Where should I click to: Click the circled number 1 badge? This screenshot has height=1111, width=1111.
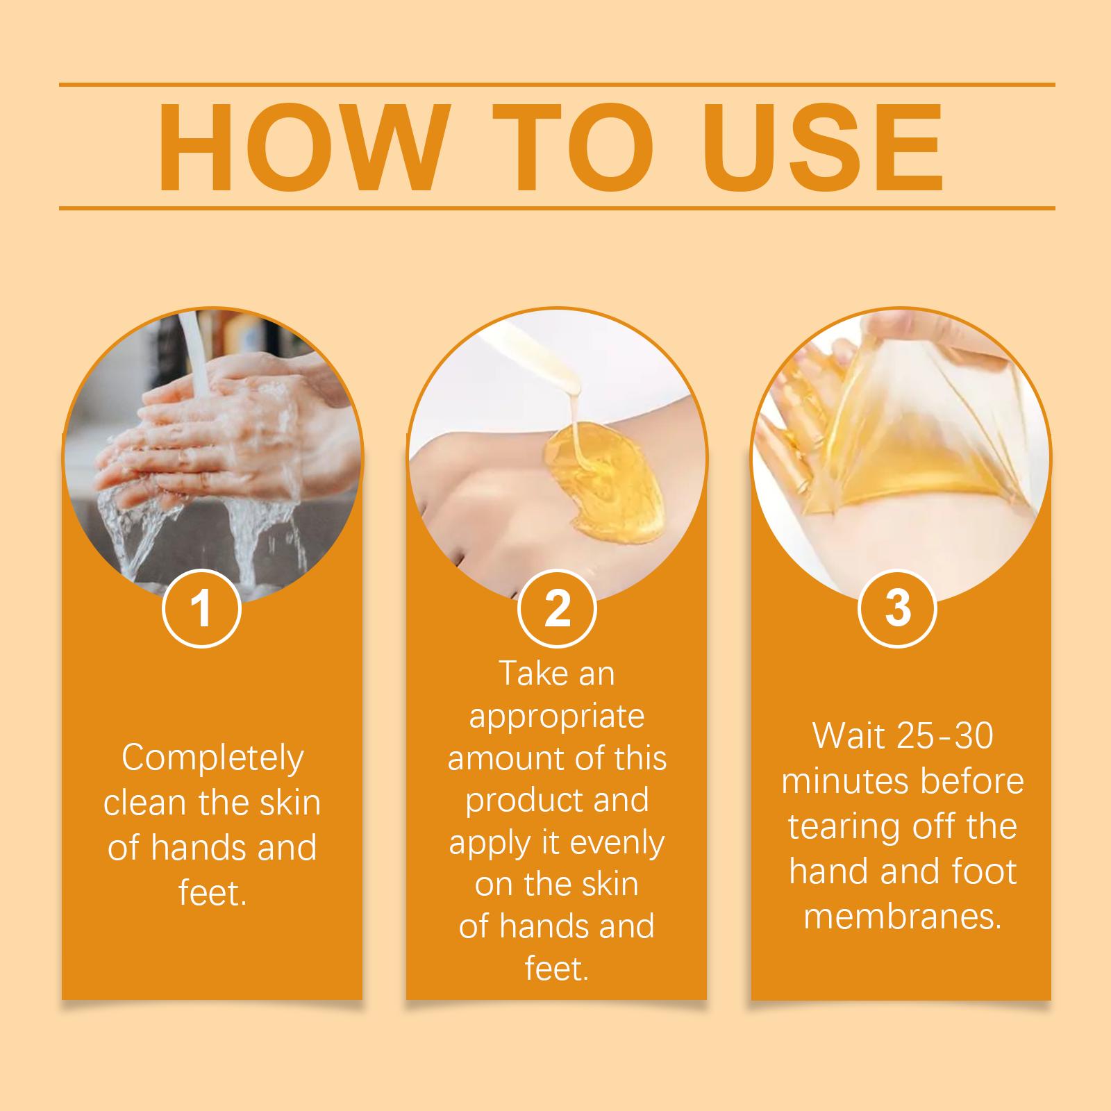coord(201,608)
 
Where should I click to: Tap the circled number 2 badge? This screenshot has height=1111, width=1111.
coord(557,608)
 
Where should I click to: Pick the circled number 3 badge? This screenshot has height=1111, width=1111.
coord(898,608)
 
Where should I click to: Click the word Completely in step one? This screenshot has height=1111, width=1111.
coord(212,759)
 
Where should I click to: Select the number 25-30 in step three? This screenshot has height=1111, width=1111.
coord(945,736)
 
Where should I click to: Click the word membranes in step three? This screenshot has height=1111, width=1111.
coord(903,917)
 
